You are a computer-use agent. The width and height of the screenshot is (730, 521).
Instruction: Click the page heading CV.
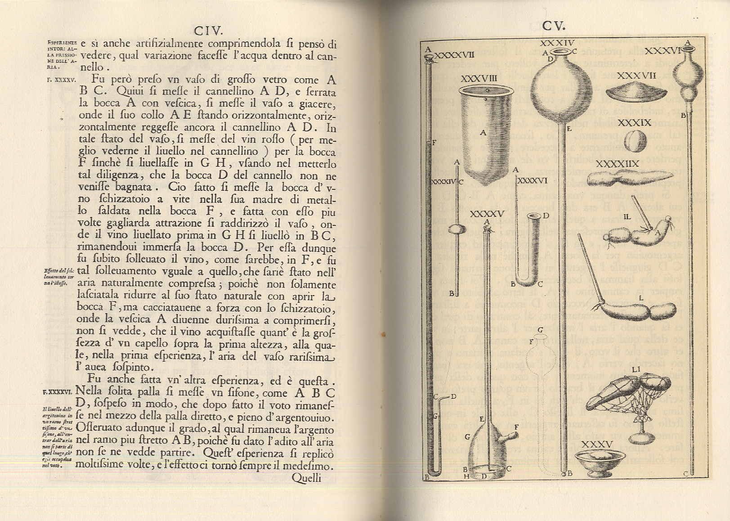coord(553,26)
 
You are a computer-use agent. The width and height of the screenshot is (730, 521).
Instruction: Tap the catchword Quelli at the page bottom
coord(306,477)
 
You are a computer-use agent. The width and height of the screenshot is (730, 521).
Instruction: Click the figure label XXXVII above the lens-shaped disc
coord(636,76)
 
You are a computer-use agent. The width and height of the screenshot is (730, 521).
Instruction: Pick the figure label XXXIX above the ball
coord(635,122)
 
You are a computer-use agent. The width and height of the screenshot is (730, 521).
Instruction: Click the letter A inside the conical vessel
coord(483,133)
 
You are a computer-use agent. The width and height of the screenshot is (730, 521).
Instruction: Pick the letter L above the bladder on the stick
coord(641,297)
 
